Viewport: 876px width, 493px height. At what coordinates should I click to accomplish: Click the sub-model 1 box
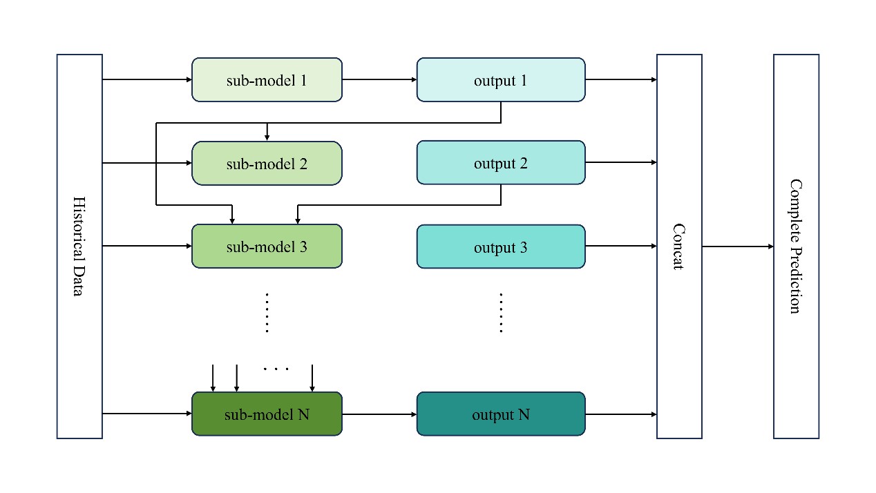(267, 80)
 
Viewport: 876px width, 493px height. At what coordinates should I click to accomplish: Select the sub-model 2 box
(267, 163)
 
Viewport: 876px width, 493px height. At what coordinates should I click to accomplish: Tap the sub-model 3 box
(267, 246)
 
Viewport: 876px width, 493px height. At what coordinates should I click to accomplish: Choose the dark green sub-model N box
(267, 414)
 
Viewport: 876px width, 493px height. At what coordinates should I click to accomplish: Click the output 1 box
(501, 80)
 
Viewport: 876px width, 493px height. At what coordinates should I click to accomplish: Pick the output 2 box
(501, 163)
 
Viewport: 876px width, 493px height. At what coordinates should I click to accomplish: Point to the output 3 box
(501, 246)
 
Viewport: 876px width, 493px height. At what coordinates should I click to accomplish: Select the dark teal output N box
(501, 414)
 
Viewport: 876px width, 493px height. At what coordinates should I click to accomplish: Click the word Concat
(679, 246)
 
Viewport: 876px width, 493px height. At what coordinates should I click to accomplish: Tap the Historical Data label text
(79, 246)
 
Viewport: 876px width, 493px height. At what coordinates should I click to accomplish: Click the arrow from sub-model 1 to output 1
(379, 80)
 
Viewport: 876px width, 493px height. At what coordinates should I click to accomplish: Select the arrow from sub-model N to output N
(379, 414)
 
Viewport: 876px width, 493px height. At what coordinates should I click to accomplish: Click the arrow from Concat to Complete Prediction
(738, 246)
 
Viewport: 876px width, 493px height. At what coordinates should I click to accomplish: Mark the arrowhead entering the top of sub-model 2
(267, 137)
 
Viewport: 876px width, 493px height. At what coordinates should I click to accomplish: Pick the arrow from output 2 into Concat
(621, 162)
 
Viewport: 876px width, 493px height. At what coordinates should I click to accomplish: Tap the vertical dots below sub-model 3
(267, 313)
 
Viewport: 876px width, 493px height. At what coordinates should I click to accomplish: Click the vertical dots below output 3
(501, 313)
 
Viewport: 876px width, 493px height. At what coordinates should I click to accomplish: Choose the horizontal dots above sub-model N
(276, 369)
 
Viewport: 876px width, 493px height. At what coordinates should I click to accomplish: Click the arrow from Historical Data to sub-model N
(147, 413)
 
